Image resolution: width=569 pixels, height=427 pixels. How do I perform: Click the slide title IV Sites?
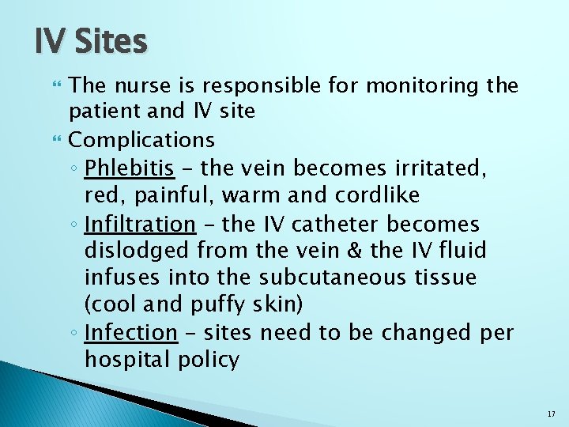91,41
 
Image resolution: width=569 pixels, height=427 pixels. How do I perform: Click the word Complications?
141,140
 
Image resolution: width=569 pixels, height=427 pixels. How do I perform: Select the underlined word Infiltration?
140,224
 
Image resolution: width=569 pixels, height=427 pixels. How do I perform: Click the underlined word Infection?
130,332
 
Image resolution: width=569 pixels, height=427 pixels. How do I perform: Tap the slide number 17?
550,414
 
